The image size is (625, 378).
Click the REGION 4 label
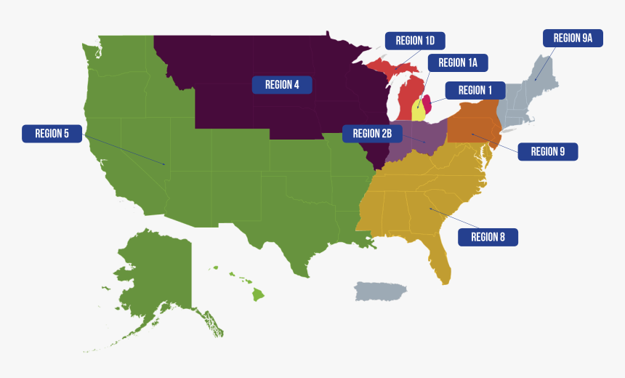(x=282, y=84)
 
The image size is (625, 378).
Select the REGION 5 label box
(x=52, y=133)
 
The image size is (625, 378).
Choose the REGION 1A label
(x=457, y=63)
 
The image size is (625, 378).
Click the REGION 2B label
(x=372, y=133)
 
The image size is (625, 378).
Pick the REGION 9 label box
(x=547, y=151)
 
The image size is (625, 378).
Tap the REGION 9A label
(x=573, y=38)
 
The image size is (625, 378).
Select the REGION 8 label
(x=488, y=236)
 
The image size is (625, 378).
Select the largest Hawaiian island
(x=258, y=294)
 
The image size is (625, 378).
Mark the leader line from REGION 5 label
(x=124, y=149)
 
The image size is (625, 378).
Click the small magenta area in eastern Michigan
(x=427, y=102)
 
